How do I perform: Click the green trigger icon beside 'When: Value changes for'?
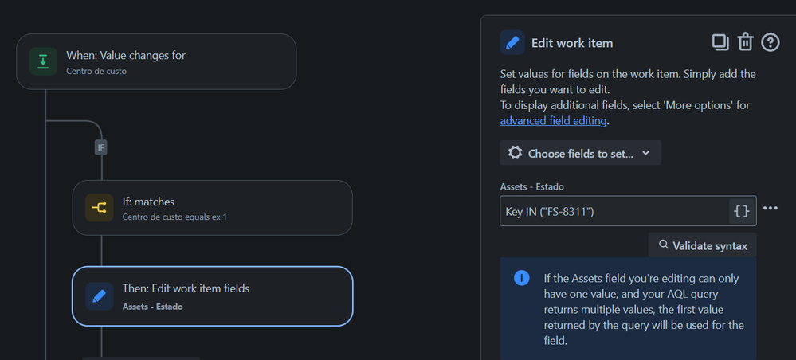click(x=43, y=61)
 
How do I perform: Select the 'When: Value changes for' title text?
click(x=126, y=55)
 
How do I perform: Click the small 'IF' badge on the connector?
click(x=101, y=147)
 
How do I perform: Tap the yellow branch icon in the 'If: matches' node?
click(x=99, y=208)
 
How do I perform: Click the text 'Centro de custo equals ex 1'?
click(x=174, y=217)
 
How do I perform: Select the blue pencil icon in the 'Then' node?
click(x=99, y=296)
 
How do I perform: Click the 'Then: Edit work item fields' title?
click(x=186, y=288)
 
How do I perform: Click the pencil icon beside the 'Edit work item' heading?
click(x=512, y=43)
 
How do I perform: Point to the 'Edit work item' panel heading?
click(x=571, y=43)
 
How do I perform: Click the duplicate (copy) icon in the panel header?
click(x=720, y=42)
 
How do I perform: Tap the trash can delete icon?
click(x=745, y=42)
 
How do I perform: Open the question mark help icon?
click(x=771, y=42)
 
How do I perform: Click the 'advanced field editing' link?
click(x=553, y=121)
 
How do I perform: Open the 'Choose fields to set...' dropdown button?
click(x=580, y=153)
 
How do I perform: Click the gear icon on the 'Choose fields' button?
click(x=515, y=153)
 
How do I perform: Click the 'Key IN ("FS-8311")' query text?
click(x=550, y=211)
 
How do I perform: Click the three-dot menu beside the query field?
click(x=770, y=209)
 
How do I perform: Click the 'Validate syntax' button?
click(x=702, y=246)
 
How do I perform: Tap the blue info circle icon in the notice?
click(x=522, y=278)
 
